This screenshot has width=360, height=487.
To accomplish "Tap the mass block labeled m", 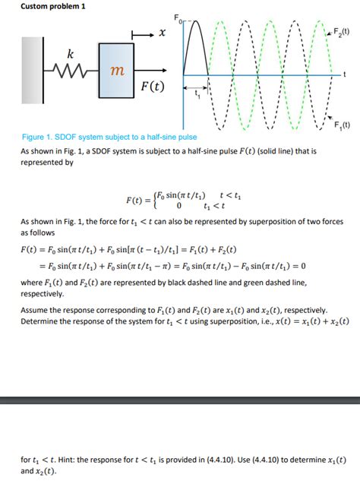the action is [116, 71].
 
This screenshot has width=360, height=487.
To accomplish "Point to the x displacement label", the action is [162, 34].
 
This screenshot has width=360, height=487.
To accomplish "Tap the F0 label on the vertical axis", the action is [176, 17].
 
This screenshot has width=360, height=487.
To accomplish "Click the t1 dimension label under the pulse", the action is [197, 94].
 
